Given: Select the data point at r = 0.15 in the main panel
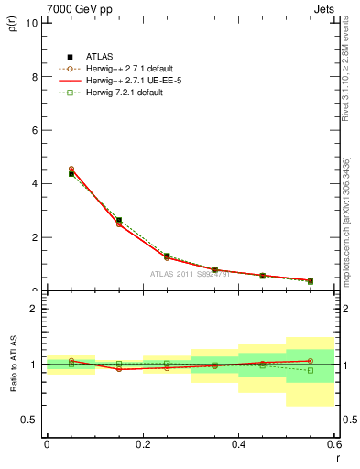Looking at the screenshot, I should (119, 221).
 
